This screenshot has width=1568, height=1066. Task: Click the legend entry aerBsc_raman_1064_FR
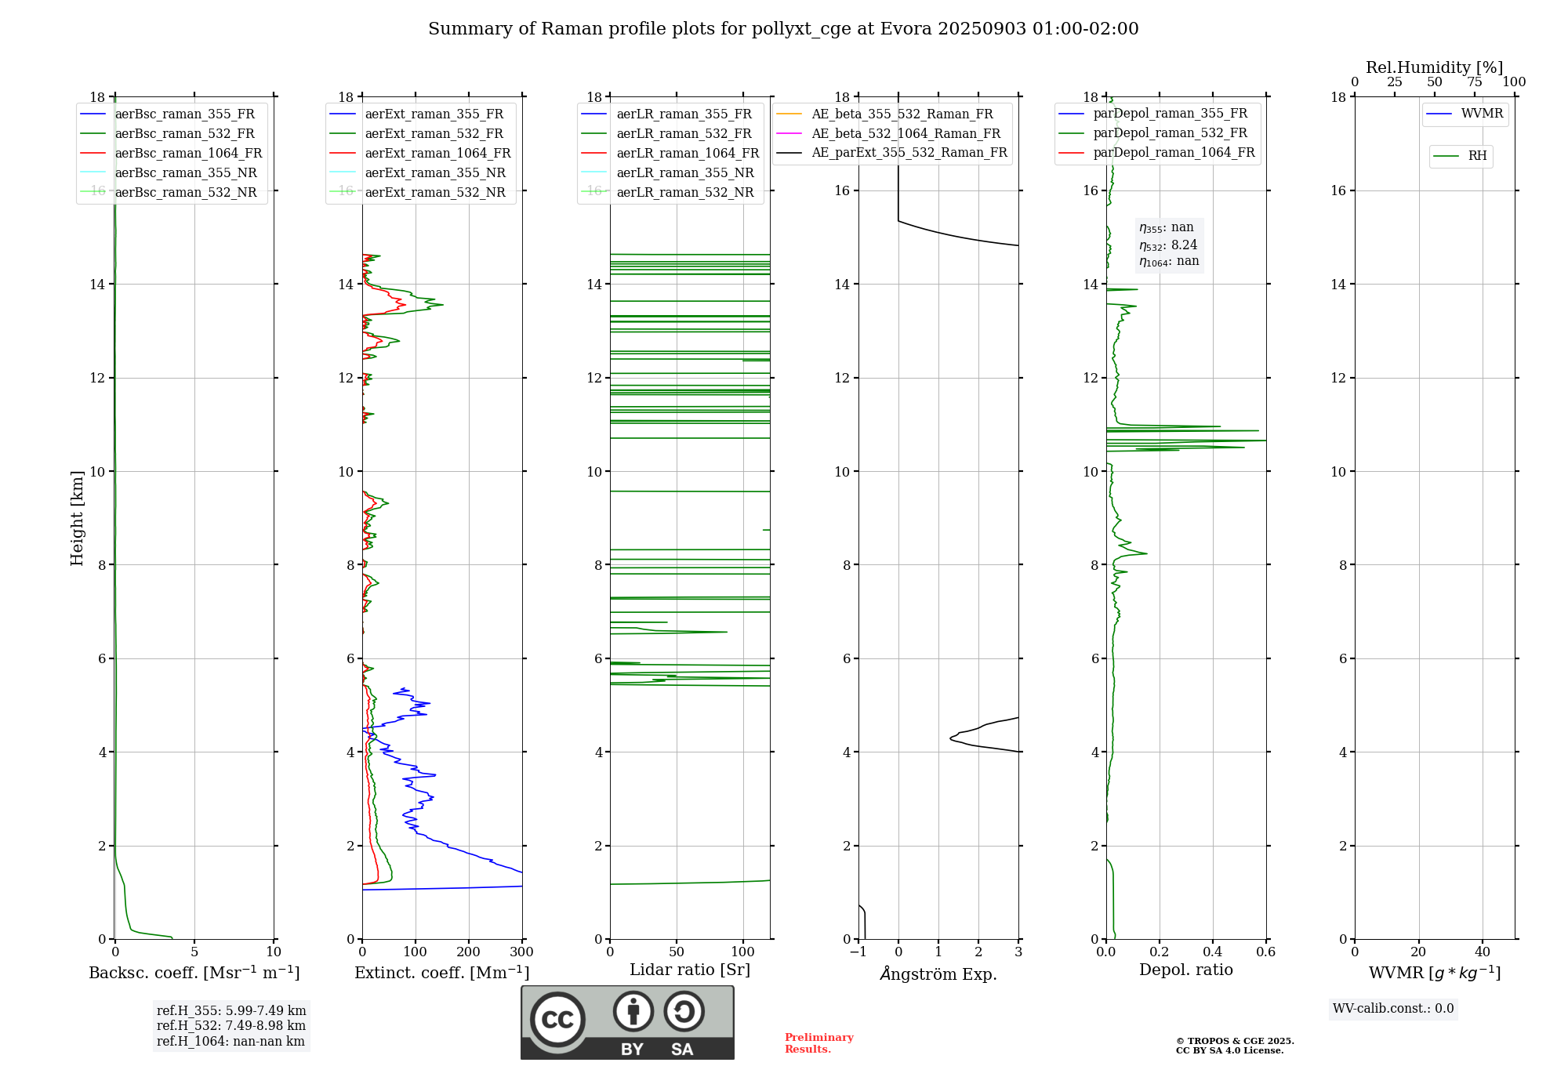(188, 154)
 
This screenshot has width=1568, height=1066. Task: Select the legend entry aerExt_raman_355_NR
(435, 173)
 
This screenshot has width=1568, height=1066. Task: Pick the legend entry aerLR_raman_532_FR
(684, 134)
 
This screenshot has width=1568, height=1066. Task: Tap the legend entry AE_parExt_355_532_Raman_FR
(909, 153)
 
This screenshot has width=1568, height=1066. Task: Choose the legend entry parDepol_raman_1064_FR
(1174, 153)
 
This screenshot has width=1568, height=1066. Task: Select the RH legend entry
(1477, 157)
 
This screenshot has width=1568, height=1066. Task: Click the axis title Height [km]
(77, 518)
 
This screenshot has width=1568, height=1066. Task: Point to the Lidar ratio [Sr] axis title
(690, 970)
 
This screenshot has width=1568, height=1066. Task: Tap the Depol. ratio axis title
(1186, 970)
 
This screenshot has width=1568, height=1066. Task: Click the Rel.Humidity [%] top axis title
(1434, 68)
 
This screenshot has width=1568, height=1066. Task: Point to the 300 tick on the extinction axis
(522, 952)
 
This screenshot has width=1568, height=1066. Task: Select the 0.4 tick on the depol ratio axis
(1213, 952)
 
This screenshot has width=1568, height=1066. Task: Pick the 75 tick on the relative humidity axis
(1475, 82)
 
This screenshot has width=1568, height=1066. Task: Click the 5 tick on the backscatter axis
(194, 952)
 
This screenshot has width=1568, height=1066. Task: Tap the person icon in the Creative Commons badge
(633, 1012)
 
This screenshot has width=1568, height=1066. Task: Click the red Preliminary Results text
(818, 1043)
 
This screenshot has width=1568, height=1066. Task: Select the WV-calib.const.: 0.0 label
(1393, 1009)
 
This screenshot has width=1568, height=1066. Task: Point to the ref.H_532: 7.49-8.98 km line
(231, 1026)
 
